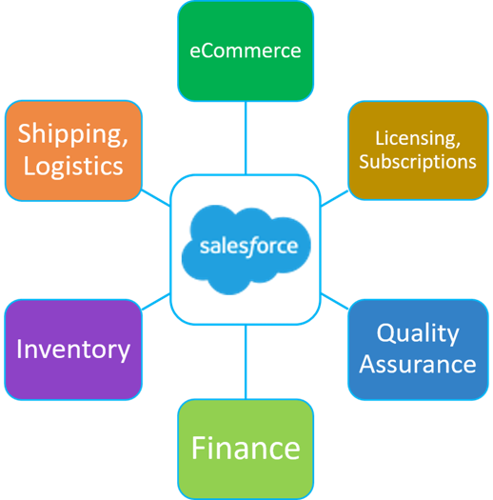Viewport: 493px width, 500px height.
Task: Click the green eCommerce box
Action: click(246, 51)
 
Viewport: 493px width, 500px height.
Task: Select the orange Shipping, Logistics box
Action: click(73, 150)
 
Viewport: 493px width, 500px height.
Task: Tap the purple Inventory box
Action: click(73, 350)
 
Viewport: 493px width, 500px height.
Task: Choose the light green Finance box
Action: click(246, 449)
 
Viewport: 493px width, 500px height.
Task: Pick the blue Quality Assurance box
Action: click(418, 350)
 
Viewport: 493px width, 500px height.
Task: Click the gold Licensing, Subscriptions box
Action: click(418, 150)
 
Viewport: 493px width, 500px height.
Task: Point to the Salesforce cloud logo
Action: click(246, 250)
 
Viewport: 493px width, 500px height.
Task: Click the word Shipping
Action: click(73, 134)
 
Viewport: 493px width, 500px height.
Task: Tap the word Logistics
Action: click(73, 167)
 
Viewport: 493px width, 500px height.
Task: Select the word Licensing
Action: click(418, 139)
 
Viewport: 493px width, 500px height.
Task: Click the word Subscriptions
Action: click(418, 161)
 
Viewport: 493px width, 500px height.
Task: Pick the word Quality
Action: click(418, 334)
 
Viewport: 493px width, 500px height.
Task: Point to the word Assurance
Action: click(418, 364)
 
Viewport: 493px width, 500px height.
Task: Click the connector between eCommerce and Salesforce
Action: click(246, 138)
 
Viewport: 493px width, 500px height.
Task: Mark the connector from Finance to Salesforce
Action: click(246, 362)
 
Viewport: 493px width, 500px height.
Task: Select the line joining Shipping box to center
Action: click(156, 198)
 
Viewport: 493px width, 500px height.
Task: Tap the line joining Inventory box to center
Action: click(156, 301)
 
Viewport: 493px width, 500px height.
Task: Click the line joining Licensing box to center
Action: click(334, 198)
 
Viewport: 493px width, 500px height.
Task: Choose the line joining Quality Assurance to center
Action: click(334, 301)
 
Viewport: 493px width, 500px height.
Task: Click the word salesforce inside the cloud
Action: click(248, 247)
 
